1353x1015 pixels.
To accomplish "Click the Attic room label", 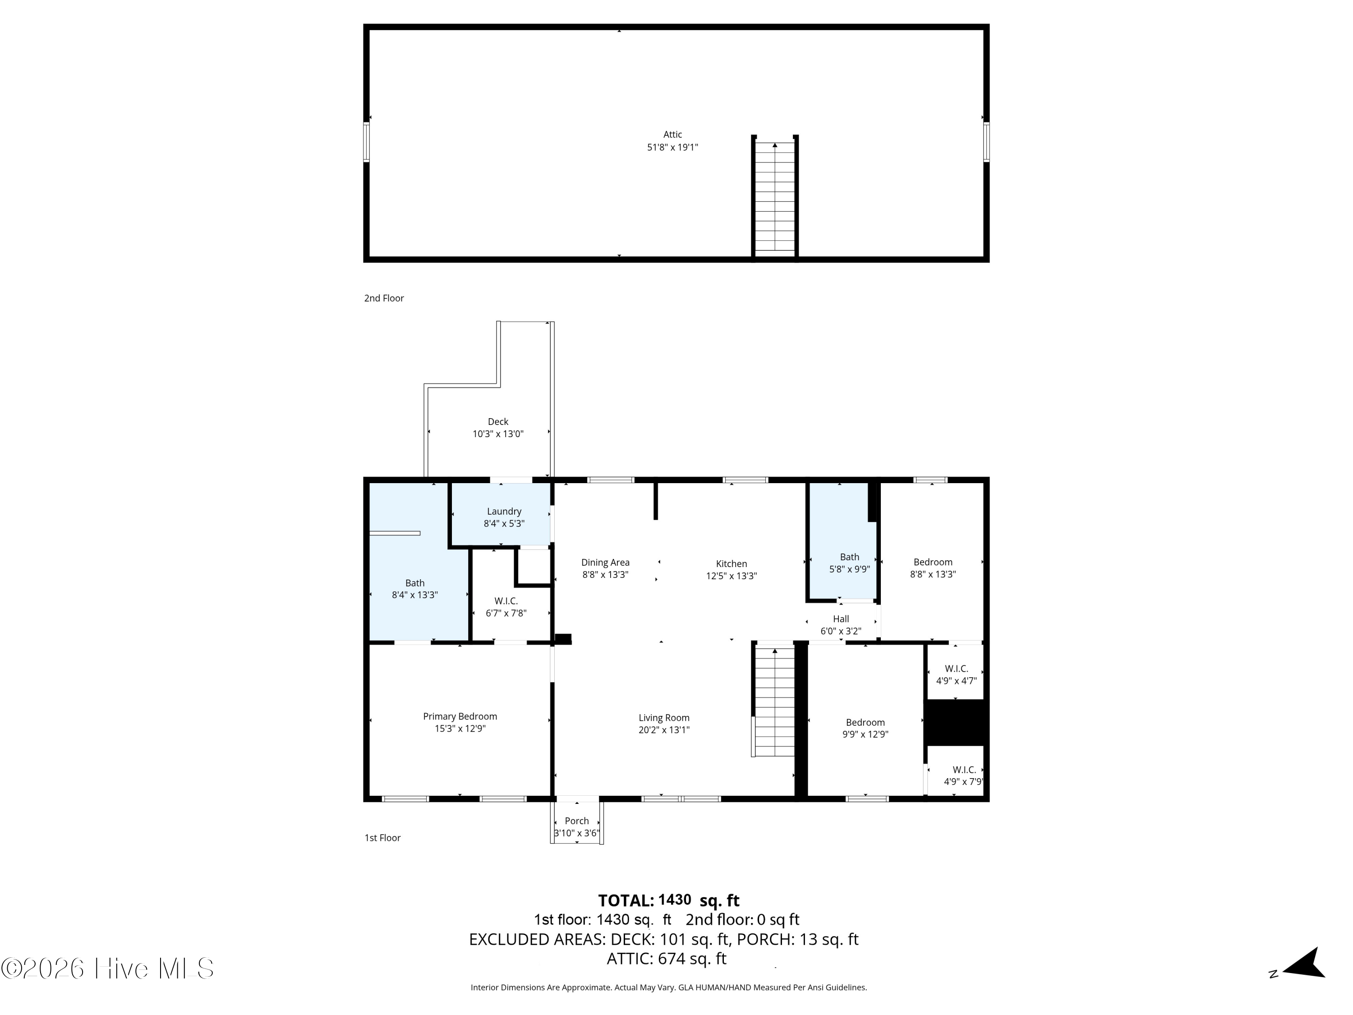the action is coord(672,134).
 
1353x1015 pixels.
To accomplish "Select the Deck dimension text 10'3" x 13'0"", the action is coord(498,434).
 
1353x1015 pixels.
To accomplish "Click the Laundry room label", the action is coord(504,512).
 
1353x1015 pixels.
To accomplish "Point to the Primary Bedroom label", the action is coord(460,716).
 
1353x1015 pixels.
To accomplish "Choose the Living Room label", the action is coord(664,718).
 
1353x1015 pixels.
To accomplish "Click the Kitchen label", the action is coord(732,563).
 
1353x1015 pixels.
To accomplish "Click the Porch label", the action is coord(577,821).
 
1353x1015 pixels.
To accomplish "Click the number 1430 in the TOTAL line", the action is coord(675,900).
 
